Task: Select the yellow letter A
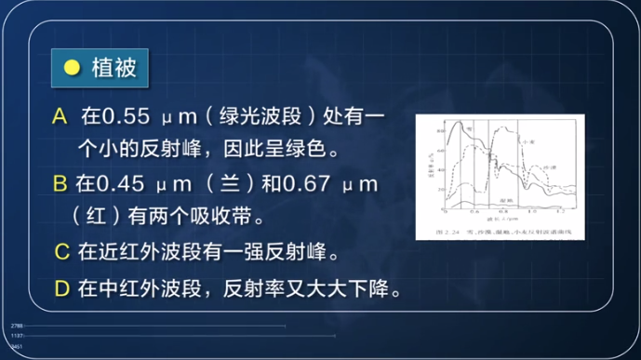coord(61,117)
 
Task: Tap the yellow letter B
coord(60,184)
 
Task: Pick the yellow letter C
coord(62,252)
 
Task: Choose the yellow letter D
coord(62,287)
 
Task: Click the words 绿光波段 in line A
coord(262,117)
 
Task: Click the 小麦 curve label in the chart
coord(530,138)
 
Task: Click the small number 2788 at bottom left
coord(17,326)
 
